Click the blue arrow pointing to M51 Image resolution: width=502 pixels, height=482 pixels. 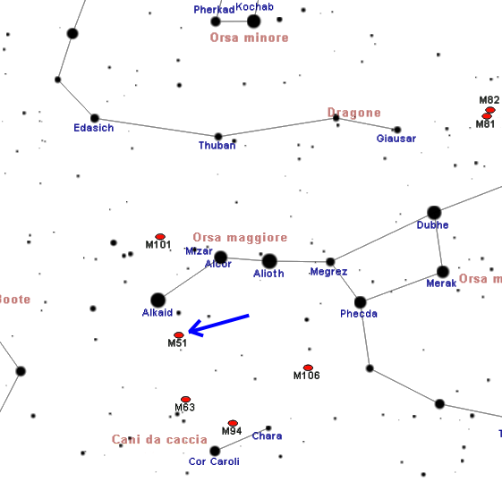click(x=219, y=325)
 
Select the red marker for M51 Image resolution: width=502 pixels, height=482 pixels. click(x=179, y=334)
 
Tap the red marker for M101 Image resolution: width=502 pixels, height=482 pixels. click(x=160, y=237)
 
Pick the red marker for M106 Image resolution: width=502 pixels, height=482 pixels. click(x=308, y=368)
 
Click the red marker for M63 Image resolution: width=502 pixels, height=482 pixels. click(x=186, y=399)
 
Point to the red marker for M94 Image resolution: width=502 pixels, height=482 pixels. click(x=233, y=423)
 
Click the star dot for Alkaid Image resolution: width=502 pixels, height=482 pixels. click(x=157, y=300)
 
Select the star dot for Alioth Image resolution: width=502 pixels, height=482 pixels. click(x=269, y=261)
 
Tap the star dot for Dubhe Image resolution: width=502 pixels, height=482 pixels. click(x=434, y=213)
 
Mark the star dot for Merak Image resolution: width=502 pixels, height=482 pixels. click(x=443, y=272)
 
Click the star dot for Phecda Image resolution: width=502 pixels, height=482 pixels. click(x=361, y=302)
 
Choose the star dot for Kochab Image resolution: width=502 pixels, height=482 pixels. click(x=253, y=21)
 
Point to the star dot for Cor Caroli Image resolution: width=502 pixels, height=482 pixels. click(x=215, y=451)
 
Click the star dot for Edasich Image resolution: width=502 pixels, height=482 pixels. click(x=95, y=118)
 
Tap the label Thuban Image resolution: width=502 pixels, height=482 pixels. click(x=217, y=146)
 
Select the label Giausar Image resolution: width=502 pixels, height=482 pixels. click(x=396, y=139)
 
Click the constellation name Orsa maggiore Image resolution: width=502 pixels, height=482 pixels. click(x=240, y=238)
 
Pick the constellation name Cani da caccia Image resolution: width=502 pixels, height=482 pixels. click(x=159, y=439)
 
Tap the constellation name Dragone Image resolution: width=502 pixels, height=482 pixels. click(x=354, y=113)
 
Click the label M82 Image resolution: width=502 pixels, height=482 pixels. click(x=489, y=100)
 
